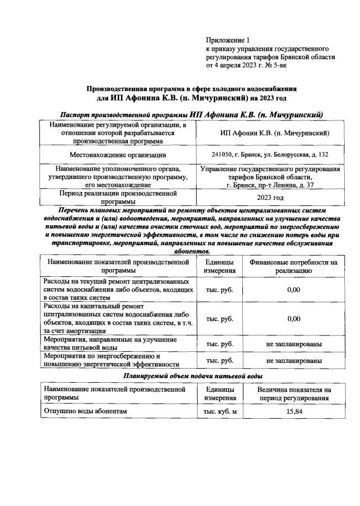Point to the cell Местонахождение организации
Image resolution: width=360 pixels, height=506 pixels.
(118, 154)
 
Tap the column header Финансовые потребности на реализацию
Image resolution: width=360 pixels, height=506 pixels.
(291, 266)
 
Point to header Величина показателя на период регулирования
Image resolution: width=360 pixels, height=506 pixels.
(294, 393)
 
